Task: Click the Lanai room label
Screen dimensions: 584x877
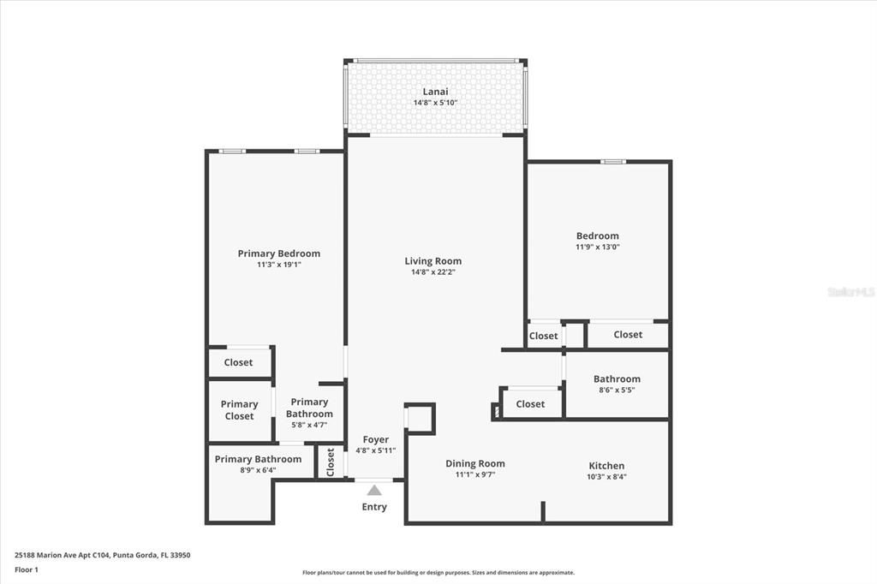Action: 435,92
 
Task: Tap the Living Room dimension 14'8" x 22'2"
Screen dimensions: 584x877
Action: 433,272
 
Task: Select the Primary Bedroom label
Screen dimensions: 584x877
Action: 279,253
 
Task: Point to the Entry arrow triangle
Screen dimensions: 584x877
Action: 374,491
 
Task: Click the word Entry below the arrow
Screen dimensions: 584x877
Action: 374,507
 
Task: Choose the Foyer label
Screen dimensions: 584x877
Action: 375,439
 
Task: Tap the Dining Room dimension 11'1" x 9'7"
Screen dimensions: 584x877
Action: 475,474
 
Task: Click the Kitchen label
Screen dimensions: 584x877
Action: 606,466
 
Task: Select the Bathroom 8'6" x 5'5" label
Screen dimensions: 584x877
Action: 617,378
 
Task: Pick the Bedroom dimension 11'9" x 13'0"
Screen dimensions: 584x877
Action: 598,247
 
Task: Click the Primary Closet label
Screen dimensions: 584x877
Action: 239,410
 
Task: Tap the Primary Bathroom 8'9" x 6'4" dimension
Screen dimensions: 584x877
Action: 258,469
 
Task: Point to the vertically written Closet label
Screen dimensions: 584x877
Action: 331,462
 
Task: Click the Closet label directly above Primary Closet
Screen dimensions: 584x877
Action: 238,362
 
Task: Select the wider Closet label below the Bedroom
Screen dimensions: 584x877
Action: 628,335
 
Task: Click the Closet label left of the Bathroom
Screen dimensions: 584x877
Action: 530,404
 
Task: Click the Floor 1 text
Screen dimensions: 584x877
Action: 27,569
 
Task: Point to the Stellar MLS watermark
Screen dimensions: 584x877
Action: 850,292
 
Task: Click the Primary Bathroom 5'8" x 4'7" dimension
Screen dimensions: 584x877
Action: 309,424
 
